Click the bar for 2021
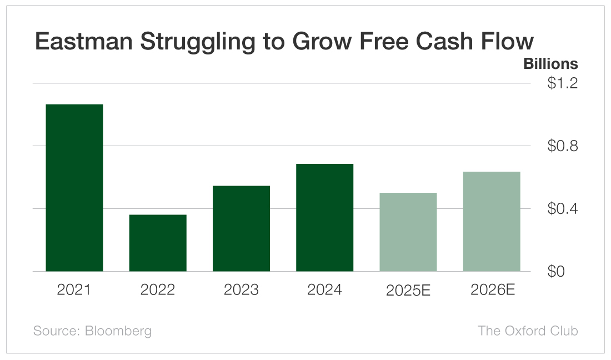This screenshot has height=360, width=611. [x=74, y=188]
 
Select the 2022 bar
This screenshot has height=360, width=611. [x=158, y=243]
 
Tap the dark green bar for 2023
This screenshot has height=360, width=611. [x=241, y=228]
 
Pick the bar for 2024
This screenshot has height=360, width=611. [x=324, y=217]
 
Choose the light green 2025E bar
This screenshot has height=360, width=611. [x=408, y=232]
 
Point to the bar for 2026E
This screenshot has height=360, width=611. [x=492, y=221]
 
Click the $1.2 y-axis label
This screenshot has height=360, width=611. [x=562, y=84]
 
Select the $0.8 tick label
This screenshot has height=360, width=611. [x=562, y=147]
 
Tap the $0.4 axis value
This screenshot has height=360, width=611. [x=562, y=209]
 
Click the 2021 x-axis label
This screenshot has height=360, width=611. [x=74, y=290]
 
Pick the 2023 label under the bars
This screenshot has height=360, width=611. [x=241, y=290]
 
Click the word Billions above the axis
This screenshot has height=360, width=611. [x=550, y=64]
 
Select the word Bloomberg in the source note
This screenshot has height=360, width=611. [x=118, y=331]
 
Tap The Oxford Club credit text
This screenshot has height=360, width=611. [x=528, y=331]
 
